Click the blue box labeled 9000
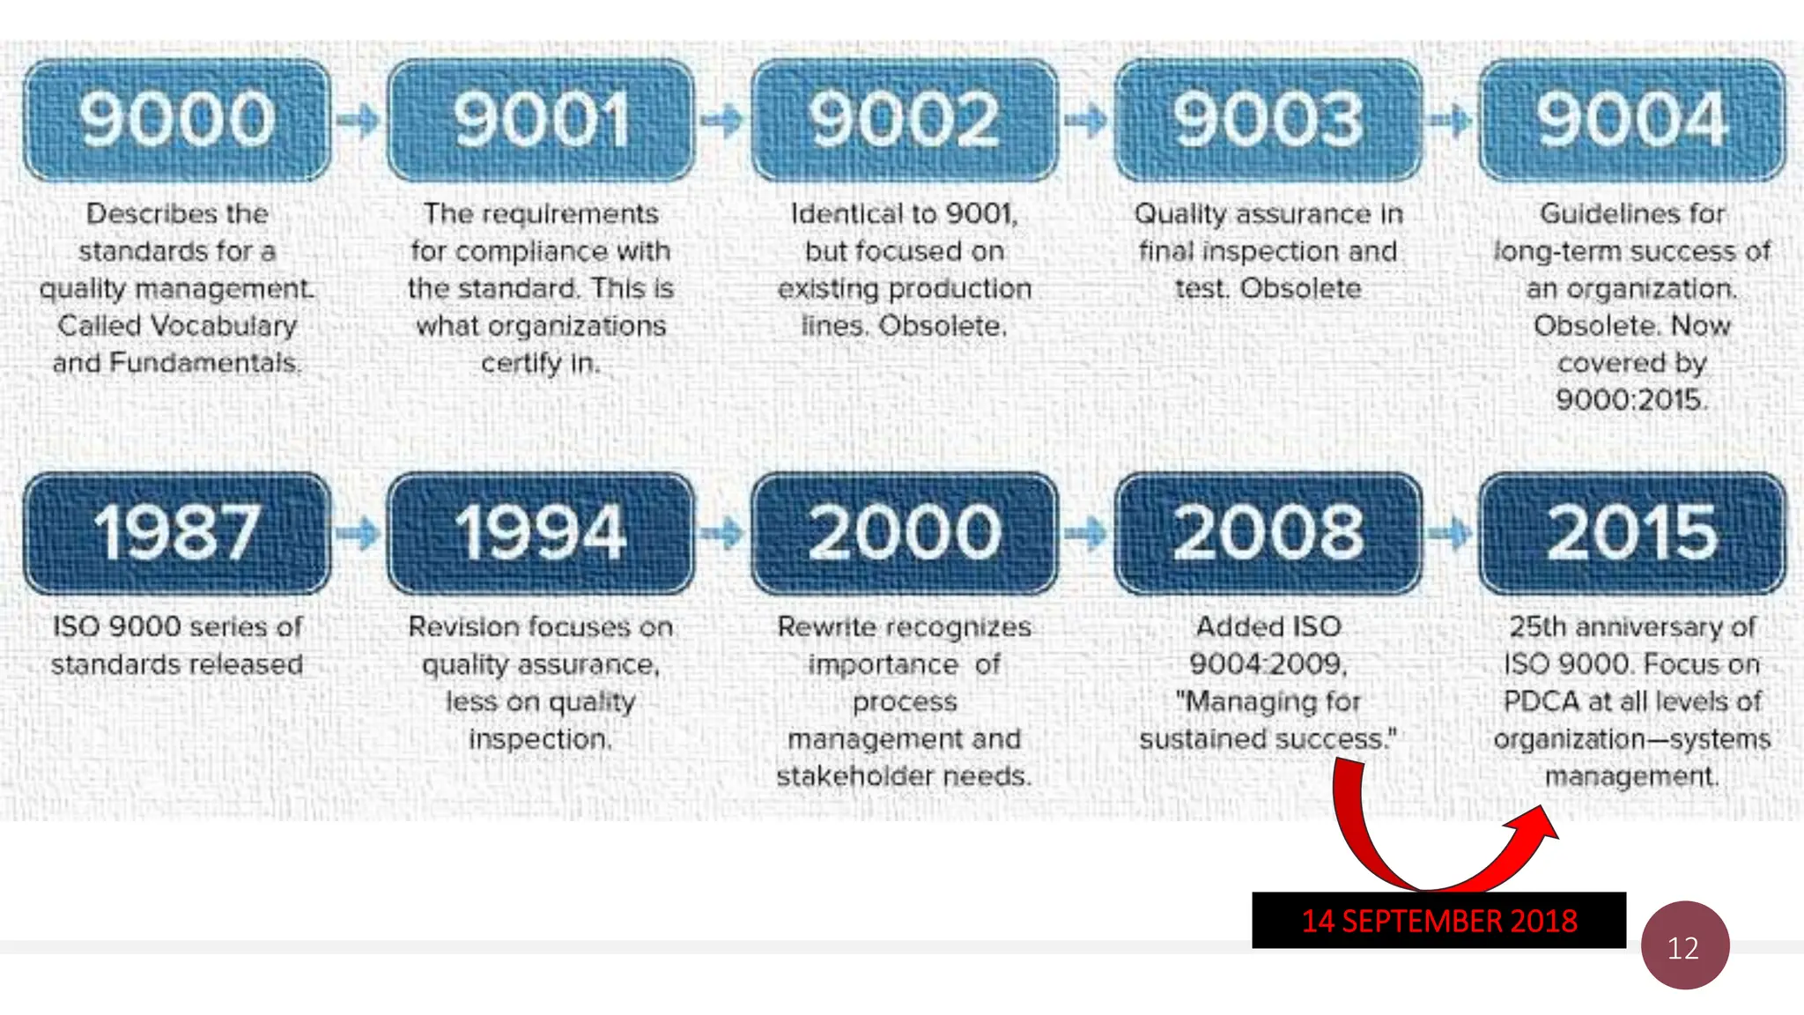pyautogui.click(x=177, y=120)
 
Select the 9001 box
pyautogui.click(x=541, y=120)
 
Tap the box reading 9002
pyautogui.click(x=905, y=120)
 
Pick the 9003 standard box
pyautogui.click(x=1268, y=120)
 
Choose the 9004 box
pyautogui.click(x=1632, y=120)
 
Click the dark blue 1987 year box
pyautogui.click(x=177, y=533)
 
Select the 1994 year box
pyautogui.click(x=541, y=533)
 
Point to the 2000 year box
pyautogui.click(x=905, y=533)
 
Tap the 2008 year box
pyautogui.click(x=1268, y=533)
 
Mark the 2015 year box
pyautogui.click(x=1632, y=533)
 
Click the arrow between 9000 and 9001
pyautogui.click(x=359, y=120)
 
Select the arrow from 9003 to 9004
pyautogui.click(x=1450, y=120)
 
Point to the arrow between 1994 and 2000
pyautogui.click(x=722, y=532)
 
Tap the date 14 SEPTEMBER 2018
pyautogui.click(x=1439, y=921)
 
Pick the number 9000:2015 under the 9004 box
pyautogui.click(x=1631, y=400)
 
